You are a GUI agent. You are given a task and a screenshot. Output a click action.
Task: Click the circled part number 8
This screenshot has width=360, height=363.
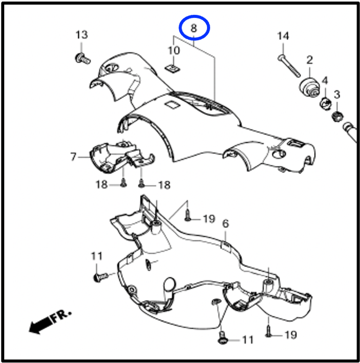coord(194,28)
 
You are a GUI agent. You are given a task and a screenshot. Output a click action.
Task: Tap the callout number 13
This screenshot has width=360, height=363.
coord(82,35)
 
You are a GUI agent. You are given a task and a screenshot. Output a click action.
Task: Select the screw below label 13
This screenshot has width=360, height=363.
coord(83,58)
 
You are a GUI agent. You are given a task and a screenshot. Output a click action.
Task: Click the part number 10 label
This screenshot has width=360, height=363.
coord(174,51)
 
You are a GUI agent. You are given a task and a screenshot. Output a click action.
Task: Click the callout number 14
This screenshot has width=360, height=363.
coord(283,36)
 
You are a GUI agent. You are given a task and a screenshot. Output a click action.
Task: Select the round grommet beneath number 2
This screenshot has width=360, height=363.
coord(310,88)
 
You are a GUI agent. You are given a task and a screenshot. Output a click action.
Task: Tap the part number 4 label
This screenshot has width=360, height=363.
coord(325,80)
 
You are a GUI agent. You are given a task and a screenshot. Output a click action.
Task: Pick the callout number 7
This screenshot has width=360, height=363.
coord(73,157)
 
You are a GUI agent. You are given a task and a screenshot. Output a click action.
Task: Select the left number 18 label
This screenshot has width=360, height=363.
coord(102,184)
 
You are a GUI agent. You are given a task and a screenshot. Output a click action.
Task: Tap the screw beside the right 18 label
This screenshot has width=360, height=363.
coord(141,184)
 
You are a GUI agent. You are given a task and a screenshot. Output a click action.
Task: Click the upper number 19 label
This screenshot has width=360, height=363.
coord(209,219)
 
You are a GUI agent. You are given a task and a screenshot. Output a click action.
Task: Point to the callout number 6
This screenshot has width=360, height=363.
coord(225,223)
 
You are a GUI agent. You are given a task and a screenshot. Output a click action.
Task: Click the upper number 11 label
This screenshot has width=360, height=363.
coord(97,256)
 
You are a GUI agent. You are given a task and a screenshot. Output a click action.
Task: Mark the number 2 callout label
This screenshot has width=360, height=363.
coord(309,60)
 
